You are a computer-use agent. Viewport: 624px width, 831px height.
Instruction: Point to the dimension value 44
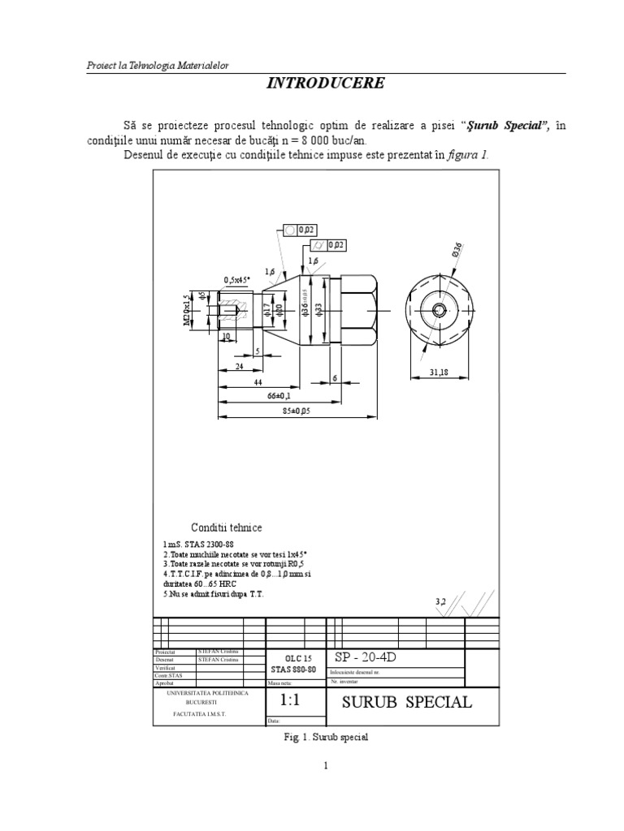(257, 381)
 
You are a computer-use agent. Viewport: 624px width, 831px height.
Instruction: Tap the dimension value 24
(240, 366)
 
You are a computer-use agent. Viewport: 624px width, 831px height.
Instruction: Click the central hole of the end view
(439, 310)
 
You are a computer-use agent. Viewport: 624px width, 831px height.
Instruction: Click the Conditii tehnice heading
(227, 527)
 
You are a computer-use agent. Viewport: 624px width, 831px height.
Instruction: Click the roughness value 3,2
(441, 601)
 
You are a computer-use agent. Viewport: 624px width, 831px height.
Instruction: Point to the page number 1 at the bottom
(325, 787)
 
